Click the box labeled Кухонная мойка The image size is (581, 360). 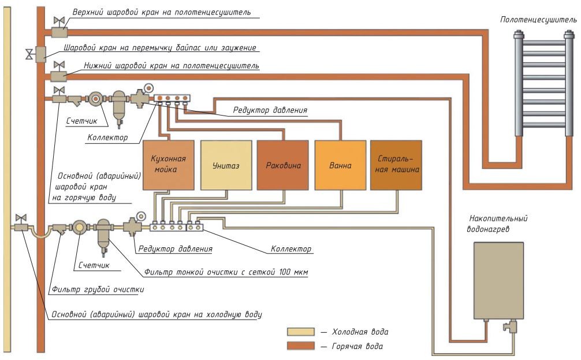tap(168, 165)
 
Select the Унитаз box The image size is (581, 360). tap(225, 165)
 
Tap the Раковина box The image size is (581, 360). tap(282, 165)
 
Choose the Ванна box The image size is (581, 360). tap(340, 165)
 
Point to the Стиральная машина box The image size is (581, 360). tap(396, 165)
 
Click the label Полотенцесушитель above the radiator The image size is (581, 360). tap(538, 20)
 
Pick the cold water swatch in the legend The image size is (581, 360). tap(300, 332)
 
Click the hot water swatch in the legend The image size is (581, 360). tap(300, 346)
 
